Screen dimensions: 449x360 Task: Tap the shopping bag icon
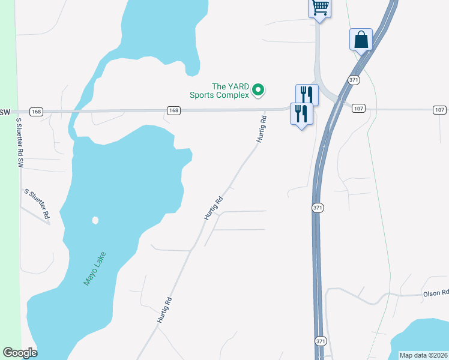pyautogui.click(x=361, y=40)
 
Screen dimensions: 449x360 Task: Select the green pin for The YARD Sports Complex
pyautogui.click(x=258, y=91)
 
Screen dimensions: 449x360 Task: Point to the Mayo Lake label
pyautogui.click(x=94, y=268)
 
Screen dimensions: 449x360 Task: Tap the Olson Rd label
pyautogui.click(x=436, y=293)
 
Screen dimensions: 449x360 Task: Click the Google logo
pyautogui.click(x=20, y=353)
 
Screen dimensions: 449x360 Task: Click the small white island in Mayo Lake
pyautogui.click(x=95, y=220)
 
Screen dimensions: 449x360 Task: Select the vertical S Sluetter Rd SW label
pyautogui.click(x=20, y=142)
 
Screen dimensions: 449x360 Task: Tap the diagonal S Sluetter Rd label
pyautogui.click(x=37, y=203)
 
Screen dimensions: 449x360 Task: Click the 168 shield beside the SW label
pyautogui.click(x=37, y=111)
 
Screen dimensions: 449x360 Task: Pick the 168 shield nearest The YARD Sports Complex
pyautogui.click(x=173, y=110)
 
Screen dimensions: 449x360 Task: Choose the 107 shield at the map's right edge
pyautogui.click(x=440, y=109)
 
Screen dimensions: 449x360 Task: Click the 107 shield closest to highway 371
pyautogui.click(x=359, y=109)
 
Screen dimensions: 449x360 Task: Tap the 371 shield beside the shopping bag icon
pyautogui.click(x=354, y=80)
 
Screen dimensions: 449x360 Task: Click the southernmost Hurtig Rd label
pyautogui.click(x=164, y=311)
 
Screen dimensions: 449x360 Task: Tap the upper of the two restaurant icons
pyautogui.click(x=306, y=94)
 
